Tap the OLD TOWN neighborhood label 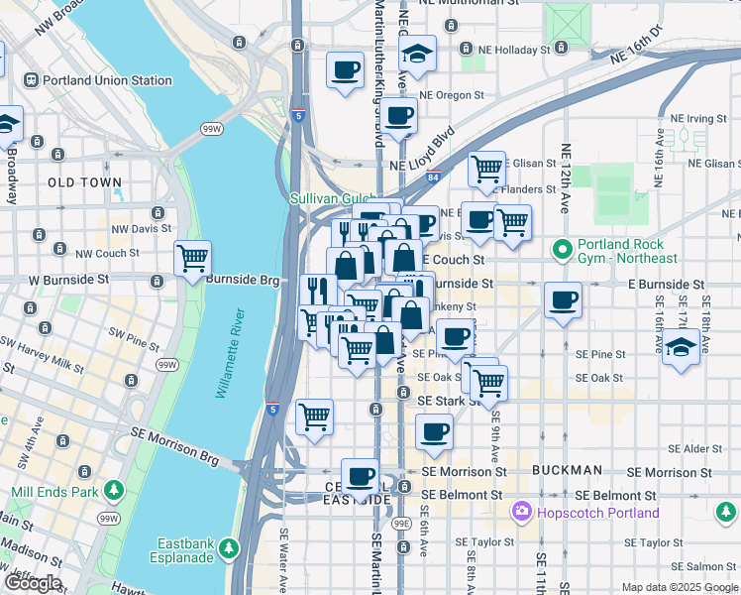tap(85, 183)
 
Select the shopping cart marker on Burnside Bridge tap(192, 258)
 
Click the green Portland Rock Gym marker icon tap(563, 248)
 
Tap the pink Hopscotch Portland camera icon tap(520, 513)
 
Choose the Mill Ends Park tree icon tap(114, 491)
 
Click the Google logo tap(33, 582)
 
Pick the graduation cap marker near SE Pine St tap(680, 348)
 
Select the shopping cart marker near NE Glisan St tap(486, 169)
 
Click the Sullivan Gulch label tap(329, 198)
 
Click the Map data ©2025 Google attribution tap(679, 587)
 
